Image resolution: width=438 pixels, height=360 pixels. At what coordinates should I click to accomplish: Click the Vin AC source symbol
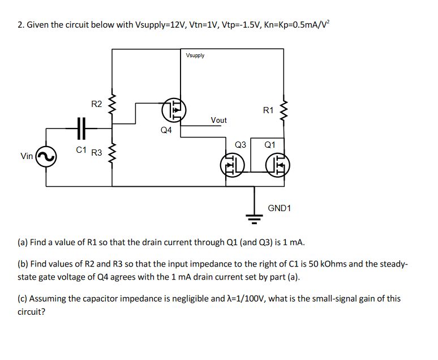pyautogui.click(x=46, y=156)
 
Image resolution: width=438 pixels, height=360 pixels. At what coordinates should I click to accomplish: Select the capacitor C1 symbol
pyautogui.click(x=80, y=128)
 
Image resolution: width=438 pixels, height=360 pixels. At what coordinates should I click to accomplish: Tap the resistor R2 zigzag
pyautogui.click(x=112, y=104)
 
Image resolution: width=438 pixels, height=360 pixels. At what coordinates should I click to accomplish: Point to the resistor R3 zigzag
pyautogui.click(x=112, y=152)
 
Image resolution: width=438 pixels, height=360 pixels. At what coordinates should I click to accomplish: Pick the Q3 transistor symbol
pyautogui.click(x=231, y=165)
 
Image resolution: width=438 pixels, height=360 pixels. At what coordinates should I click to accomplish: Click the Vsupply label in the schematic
pyautogui.click(x=195, y=55)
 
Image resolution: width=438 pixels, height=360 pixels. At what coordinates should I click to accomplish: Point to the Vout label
pyautogui.click(x=218, y=120)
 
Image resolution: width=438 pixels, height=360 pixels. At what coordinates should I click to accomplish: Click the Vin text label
pyautogui.click(x=26, y=156)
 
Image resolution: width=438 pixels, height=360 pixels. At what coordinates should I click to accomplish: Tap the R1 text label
pyautogui.click(x=268, y=110)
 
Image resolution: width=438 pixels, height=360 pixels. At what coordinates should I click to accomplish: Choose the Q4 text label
pyautogui.click(x=166, y=130)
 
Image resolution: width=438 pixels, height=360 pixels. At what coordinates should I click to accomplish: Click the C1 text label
pyautogui.click(x=81, y=150)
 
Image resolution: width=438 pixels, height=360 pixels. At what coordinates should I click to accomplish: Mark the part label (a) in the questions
pyautogui.click(x=23, y=242)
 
